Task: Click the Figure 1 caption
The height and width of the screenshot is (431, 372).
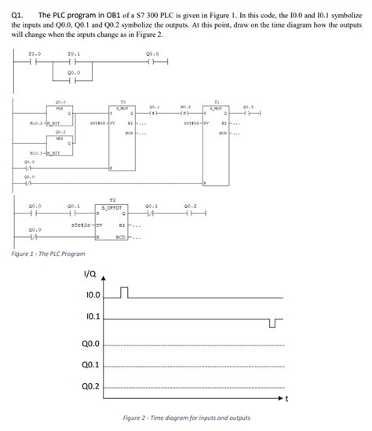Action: coord(49,254)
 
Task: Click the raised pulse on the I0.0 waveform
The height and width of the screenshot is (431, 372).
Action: coord(123,293)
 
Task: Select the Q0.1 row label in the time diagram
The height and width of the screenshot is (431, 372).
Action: coord(90,365)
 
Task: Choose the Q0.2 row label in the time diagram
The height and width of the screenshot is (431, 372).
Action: coord(90,387)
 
